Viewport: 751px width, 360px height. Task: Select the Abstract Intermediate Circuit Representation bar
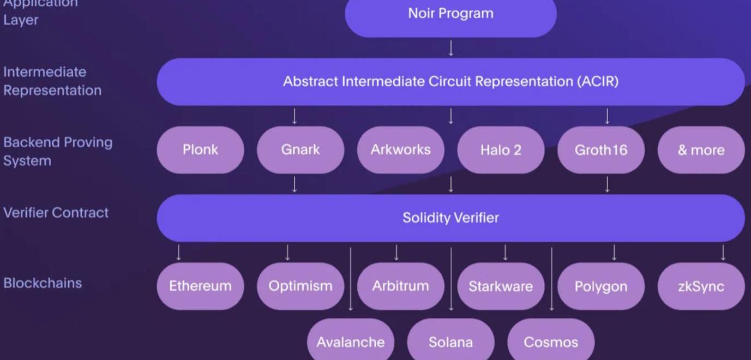pos(450,82)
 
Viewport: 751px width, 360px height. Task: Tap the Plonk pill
pos(200,150)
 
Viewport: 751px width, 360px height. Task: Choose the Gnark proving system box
pos(301,150)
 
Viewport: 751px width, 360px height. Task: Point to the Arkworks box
pos(401,150)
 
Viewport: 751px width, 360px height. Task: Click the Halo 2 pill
pos(501,150)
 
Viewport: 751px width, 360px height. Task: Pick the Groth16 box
pos(601,150)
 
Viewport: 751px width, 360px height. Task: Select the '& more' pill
pos(701,150)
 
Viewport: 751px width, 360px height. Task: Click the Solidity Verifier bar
pos(450,218)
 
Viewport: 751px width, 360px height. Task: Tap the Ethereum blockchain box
pos(200,286)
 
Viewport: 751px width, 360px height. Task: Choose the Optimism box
pos(301,286)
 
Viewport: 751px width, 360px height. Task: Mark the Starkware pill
pos(501,286)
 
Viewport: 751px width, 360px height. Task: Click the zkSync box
pos(701,286)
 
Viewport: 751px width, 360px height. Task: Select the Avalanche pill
pos(351,341)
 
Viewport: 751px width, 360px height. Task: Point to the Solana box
pos(450,341)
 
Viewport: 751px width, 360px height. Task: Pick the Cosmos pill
pos(551,341)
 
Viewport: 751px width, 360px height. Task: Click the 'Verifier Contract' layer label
pos(56,213)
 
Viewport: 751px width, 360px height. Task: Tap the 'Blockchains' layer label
pos(43,283)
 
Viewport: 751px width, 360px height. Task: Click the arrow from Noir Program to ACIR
pos(450,48)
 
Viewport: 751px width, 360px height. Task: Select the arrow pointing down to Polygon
pos(614,253)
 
